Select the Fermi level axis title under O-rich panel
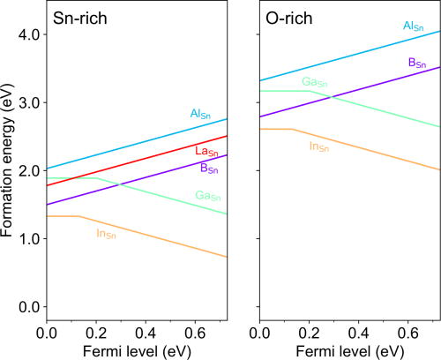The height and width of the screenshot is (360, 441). (349, 349)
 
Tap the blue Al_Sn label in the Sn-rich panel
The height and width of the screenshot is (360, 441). (201, 114)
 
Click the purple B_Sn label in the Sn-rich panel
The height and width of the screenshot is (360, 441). (209, 168)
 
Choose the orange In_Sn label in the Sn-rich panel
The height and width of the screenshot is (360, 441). (106, 234)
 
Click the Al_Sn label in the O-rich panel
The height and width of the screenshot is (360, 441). (414, 26)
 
